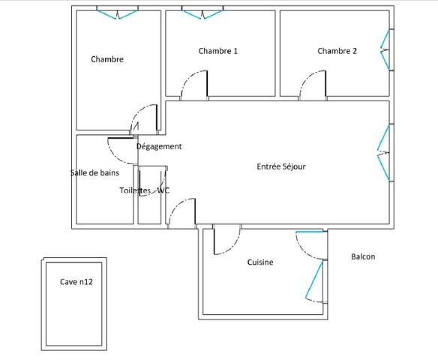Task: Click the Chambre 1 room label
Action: tap(218, 51)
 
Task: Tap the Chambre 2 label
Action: tap(337, 51)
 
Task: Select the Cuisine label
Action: tap(260, 262)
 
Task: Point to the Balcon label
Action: tap(363, 256)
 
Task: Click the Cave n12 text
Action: tap(76, 283)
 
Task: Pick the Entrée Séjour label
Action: tap(281, 167)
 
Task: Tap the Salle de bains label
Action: tap(94, 173)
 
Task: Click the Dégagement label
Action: tap(159, 147)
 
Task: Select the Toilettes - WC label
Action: tap(145, 190)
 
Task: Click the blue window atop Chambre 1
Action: tap(202, 13)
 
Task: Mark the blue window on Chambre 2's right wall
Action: tap(386, 50)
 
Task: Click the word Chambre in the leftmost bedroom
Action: tap(107, 59)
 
